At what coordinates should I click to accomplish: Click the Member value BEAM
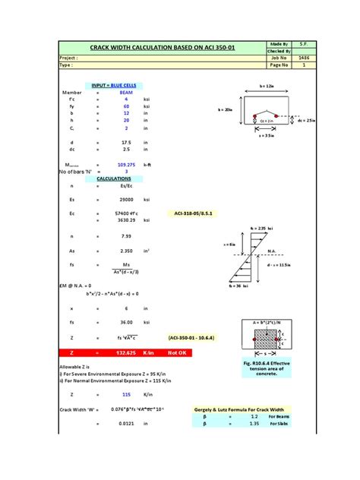(x=127, y=93)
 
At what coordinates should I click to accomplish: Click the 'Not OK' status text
(x=177, y=353)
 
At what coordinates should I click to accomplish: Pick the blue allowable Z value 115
(x=127, y=395)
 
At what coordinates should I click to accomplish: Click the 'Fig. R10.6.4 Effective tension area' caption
(x=268, y=368)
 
